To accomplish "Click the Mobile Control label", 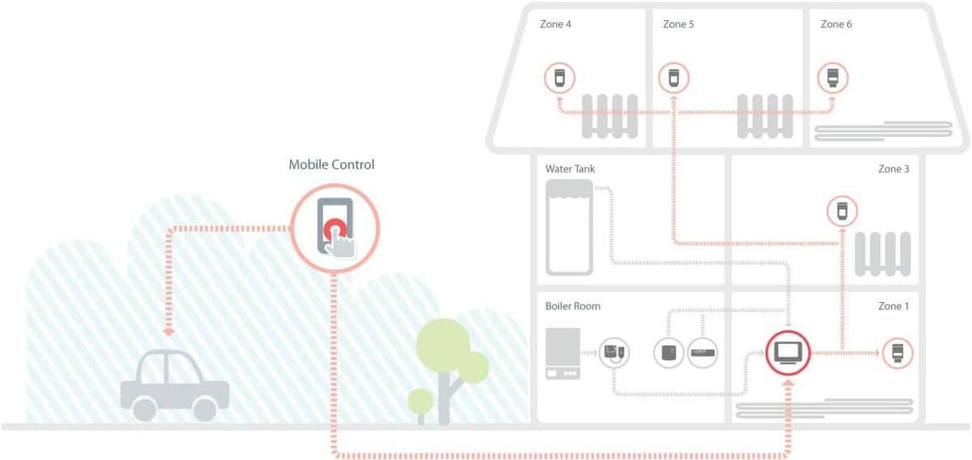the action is point(331,164).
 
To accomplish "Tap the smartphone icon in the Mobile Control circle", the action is point(335,226).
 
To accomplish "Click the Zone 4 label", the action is point(555,24).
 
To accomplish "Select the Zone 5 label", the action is point(678,24).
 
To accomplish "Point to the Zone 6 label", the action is point(836,24).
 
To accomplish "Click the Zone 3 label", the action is point(893,168).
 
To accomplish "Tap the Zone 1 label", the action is point(893,306).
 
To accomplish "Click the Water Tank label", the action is point(569,168).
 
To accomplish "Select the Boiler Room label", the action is point(573,306).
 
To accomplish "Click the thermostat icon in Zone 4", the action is point(560,78).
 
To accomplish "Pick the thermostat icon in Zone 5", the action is point(673,78).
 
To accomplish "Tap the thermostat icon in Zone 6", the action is point(833,78).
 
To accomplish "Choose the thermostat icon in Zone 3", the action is point(842,211).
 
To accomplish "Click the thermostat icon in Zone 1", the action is point(897,353).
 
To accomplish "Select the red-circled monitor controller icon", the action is point(787,353).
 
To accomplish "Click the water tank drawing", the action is point(569,228).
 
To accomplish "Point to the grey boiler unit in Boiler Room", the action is point(563,353).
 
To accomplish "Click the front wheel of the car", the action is point(144,409).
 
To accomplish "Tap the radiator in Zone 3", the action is point(883,254).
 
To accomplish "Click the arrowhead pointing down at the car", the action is point(168,332).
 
